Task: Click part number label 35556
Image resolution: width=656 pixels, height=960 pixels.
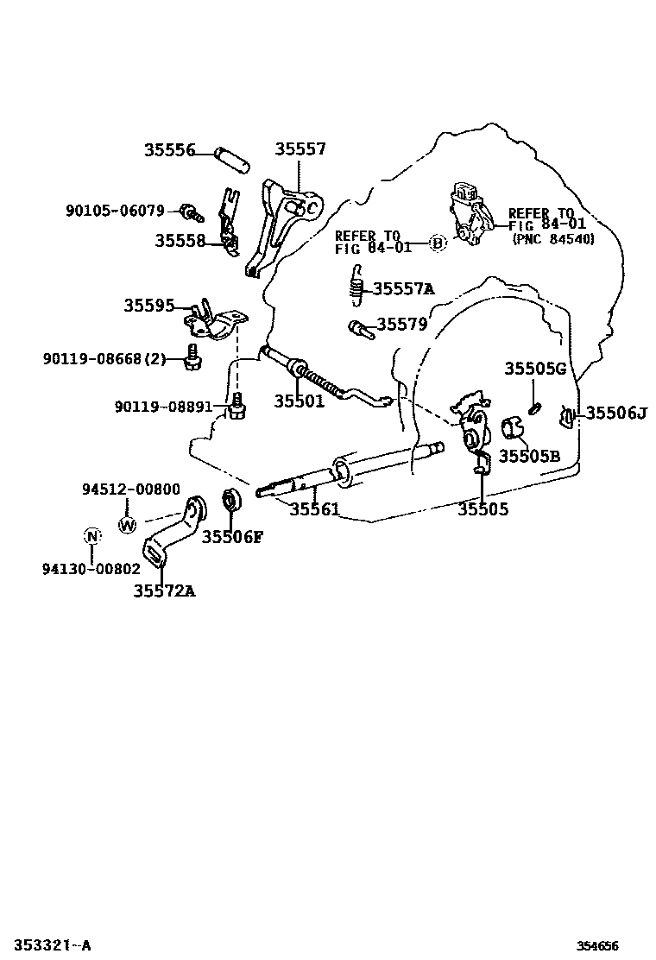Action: point(169,150)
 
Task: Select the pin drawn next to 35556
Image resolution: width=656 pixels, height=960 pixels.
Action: point(231,160)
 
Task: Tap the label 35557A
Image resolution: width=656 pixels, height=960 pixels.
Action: point(403,288)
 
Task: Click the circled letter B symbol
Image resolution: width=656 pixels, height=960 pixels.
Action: point(436,243)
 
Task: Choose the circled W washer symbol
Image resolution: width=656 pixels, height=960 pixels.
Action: point(127,525)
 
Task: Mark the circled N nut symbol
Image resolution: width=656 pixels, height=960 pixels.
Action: point(91,536)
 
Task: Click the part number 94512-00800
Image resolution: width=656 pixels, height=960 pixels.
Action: point(131,489)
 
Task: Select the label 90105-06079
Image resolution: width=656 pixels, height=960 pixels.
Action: point(115,211)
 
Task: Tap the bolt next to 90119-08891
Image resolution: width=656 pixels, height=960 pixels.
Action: point(237,407)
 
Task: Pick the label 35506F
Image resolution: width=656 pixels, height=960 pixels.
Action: point(232,537)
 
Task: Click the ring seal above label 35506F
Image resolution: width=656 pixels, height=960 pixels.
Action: point(231,500)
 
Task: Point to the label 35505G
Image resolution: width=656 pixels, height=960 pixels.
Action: point(535,369)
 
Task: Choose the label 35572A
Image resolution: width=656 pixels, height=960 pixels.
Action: point(165,591)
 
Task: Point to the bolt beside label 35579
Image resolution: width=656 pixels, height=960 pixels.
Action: point(361,330)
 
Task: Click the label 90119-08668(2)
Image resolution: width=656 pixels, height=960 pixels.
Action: point(104,359)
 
